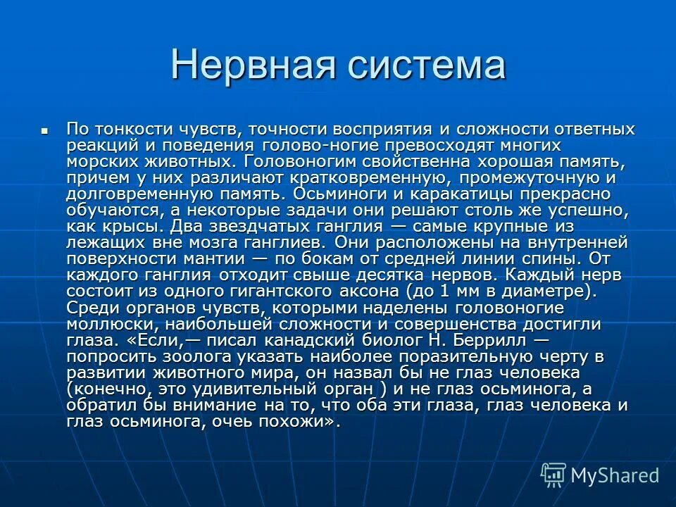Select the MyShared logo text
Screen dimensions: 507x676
coord(615,475)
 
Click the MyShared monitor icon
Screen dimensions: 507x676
coord(553,475)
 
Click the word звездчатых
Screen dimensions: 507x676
coord(268,227)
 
